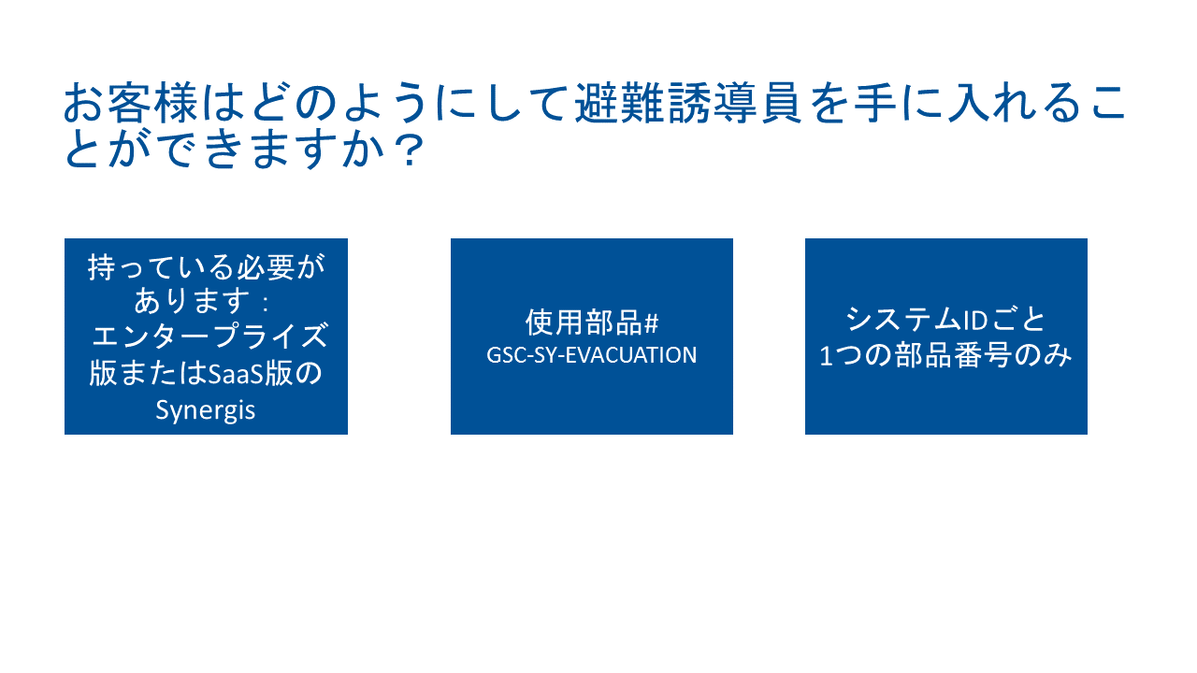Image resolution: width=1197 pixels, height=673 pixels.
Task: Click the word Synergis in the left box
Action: tap(206, 410)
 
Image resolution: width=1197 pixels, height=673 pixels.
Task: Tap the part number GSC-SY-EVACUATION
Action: tap(592, 355)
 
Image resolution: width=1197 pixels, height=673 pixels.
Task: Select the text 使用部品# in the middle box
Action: tap(592, 322)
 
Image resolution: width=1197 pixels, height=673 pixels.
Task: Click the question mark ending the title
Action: tap(411, 150)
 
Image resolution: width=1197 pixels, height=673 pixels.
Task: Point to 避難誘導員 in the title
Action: tap(687, 103)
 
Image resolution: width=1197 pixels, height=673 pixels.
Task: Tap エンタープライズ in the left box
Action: tap(209, 336)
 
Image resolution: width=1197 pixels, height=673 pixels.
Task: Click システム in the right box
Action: tap(903, 320)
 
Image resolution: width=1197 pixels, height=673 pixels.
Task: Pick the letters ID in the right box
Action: tap(974, 320)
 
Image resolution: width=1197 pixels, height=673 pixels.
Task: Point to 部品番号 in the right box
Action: tap(954, 355)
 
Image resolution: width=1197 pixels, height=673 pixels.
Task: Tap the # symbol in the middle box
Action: tap(652, 323)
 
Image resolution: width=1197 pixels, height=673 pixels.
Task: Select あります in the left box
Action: tap(192, 301)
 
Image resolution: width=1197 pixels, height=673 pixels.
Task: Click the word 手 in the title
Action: tap(874, 103)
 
